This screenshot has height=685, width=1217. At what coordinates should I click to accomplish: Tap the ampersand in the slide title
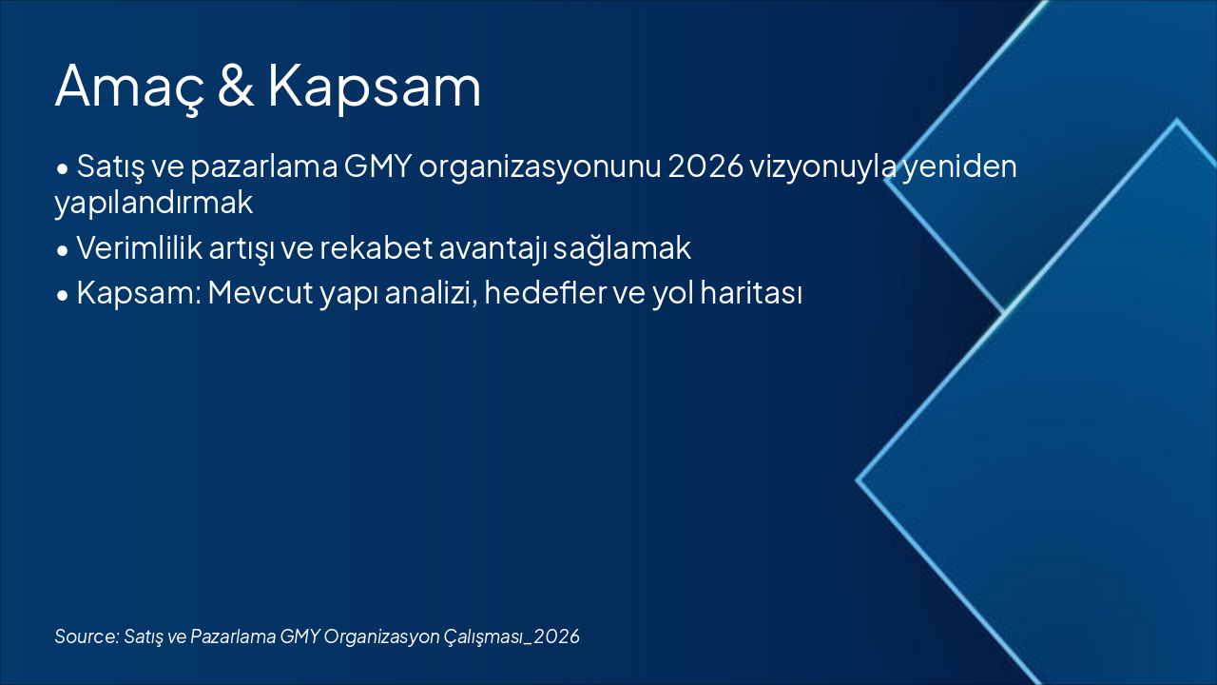pyautogui.click(x=236, y=86)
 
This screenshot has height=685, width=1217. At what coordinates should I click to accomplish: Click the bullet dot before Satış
pyautogui.click(x=63, y=169)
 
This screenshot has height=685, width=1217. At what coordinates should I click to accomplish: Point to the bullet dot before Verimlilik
pyautogui.click(x=63, y=251)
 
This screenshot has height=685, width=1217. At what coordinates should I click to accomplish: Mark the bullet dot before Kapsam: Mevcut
pyautogui.click(x=63, y=296)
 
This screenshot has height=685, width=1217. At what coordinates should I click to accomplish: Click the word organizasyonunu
pyautogui.click(x=540, y=168)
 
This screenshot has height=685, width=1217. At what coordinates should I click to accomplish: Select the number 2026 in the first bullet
pyautogui.click(x=705, y=166)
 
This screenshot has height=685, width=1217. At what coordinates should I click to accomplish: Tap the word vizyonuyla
pyautogui.click(x=823, y=168)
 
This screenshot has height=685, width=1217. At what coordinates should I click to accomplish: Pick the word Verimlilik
pyautogui.click(x=139, y=248)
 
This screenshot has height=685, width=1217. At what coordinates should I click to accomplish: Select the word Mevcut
pyautogui.click(x=261, y=293)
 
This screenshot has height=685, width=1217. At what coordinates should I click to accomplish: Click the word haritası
pyautogui.click(x=751, y=292)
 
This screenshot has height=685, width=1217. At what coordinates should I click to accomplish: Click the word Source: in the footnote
pyautogui.click(x=87, y=636)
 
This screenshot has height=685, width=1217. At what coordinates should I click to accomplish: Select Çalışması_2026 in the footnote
pyautogui.click(x=512, y=637)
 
